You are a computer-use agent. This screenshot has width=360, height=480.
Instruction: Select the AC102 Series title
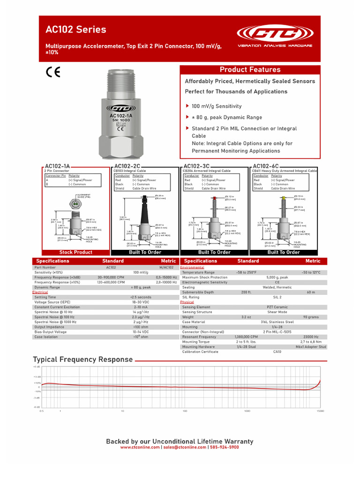75,30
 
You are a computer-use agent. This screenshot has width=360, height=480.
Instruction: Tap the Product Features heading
250,70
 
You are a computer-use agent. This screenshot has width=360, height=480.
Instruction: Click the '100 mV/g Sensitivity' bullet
217,106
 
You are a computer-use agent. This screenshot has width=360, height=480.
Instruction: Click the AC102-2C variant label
127,166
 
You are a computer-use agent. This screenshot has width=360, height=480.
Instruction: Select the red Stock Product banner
75,252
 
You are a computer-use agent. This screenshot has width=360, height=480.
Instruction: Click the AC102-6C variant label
265,166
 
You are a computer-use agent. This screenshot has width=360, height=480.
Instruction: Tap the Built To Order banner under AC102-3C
214,252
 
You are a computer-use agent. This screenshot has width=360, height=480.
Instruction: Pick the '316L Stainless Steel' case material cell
277,322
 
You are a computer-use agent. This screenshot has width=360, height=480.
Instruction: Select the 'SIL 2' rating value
277,297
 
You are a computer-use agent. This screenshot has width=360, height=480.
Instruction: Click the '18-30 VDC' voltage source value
141,302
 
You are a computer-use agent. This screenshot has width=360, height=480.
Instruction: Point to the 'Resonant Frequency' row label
199,337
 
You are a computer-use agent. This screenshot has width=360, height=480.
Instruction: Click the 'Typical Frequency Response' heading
82,360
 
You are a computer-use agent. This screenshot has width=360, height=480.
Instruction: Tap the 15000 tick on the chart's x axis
320,411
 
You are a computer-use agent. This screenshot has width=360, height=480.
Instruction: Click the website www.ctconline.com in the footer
140,447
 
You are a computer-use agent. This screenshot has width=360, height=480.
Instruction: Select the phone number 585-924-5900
225,447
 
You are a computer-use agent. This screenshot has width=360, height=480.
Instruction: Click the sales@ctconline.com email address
185,447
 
